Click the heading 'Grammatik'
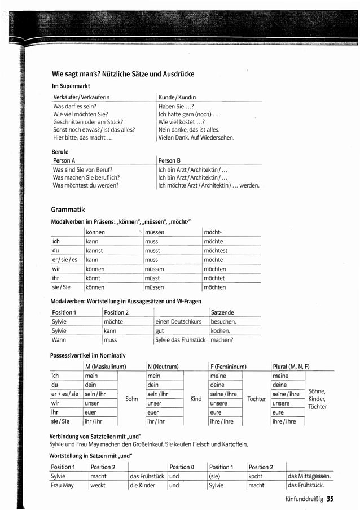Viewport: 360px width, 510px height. tap(68, 210)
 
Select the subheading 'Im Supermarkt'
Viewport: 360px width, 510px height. tap(71, 86)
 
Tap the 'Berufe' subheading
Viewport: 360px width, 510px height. tap(60, 152)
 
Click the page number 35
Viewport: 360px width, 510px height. tap(330, 499)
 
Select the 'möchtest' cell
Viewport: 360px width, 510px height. tap(216, 250)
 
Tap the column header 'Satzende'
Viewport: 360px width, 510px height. tap(222, 312)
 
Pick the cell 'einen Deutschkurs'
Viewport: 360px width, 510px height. tap(178, 322)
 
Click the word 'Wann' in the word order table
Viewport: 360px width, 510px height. tap(59, 340)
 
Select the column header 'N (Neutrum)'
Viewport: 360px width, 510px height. tap(163, 366)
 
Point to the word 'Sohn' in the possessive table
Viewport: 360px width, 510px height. tap(131, 399)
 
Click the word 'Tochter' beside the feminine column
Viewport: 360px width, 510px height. tap(256, 399)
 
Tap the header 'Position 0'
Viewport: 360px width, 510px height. tap(180, 467)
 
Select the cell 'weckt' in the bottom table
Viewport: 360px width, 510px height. tap(98, 485)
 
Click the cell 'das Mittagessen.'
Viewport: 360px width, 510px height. tap(309, 476)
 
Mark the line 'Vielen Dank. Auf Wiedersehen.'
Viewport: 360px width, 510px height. tap(196, 137)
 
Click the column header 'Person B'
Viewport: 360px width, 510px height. tap(170, 160)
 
